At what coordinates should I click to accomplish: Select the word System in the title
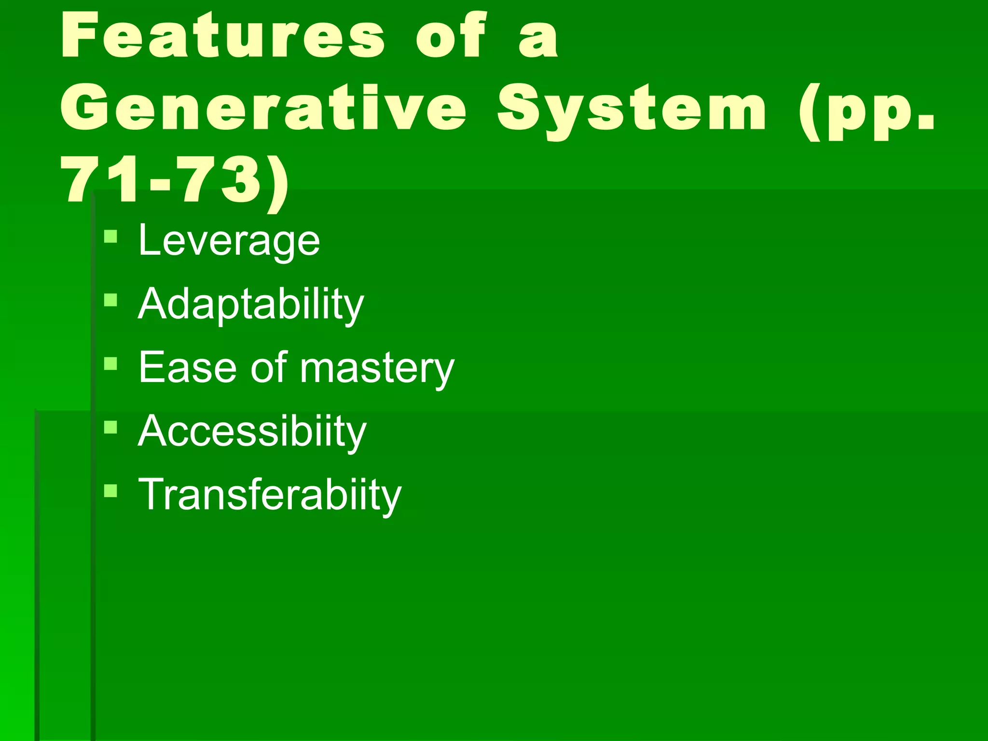point(632,110)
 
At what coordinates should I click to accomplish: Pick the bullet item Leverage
point(229,240)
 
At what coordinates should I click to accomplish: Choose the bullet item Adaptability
point(251,304)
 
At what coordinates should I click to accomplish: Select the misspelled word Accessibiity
point(252,431)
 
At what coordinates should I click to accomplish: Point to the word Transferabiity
point(269,495)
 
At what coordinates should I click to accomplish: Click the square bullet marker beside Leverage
point(110,236)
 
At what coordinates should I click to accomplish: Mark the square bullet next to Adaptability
point(110,300)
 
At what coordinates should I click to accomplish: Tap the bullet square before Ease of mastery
point(110,363)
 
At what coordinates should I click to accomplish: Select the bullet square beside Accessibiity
point(110,427)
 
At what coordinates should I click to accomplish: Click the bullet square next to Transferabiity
point(110,491)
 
